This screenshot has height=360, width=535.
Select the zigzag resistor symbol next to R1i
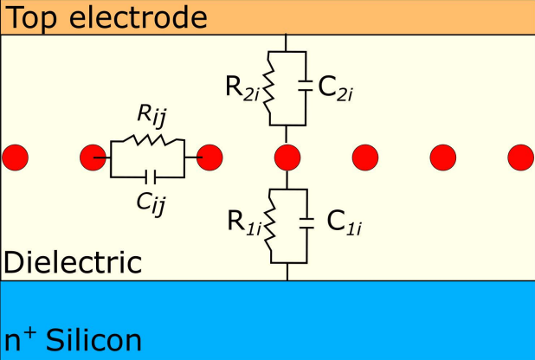click(x=271, y=224)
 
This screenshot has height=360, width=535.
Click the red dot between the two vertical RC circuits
click(x=287, y=157)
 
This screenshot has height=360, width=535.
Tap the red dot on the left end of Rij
click(x=93, y=157)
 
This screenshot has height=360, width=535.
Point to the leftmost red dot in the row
click(x=15, y=157)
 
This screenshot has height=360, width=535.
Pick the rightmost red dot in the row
click(x=520, y=157)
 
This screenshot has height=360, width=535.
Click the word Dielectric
click(x=73, y=262)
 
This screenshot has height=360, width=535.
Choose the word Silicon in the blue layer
click(x=93, y=339)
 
